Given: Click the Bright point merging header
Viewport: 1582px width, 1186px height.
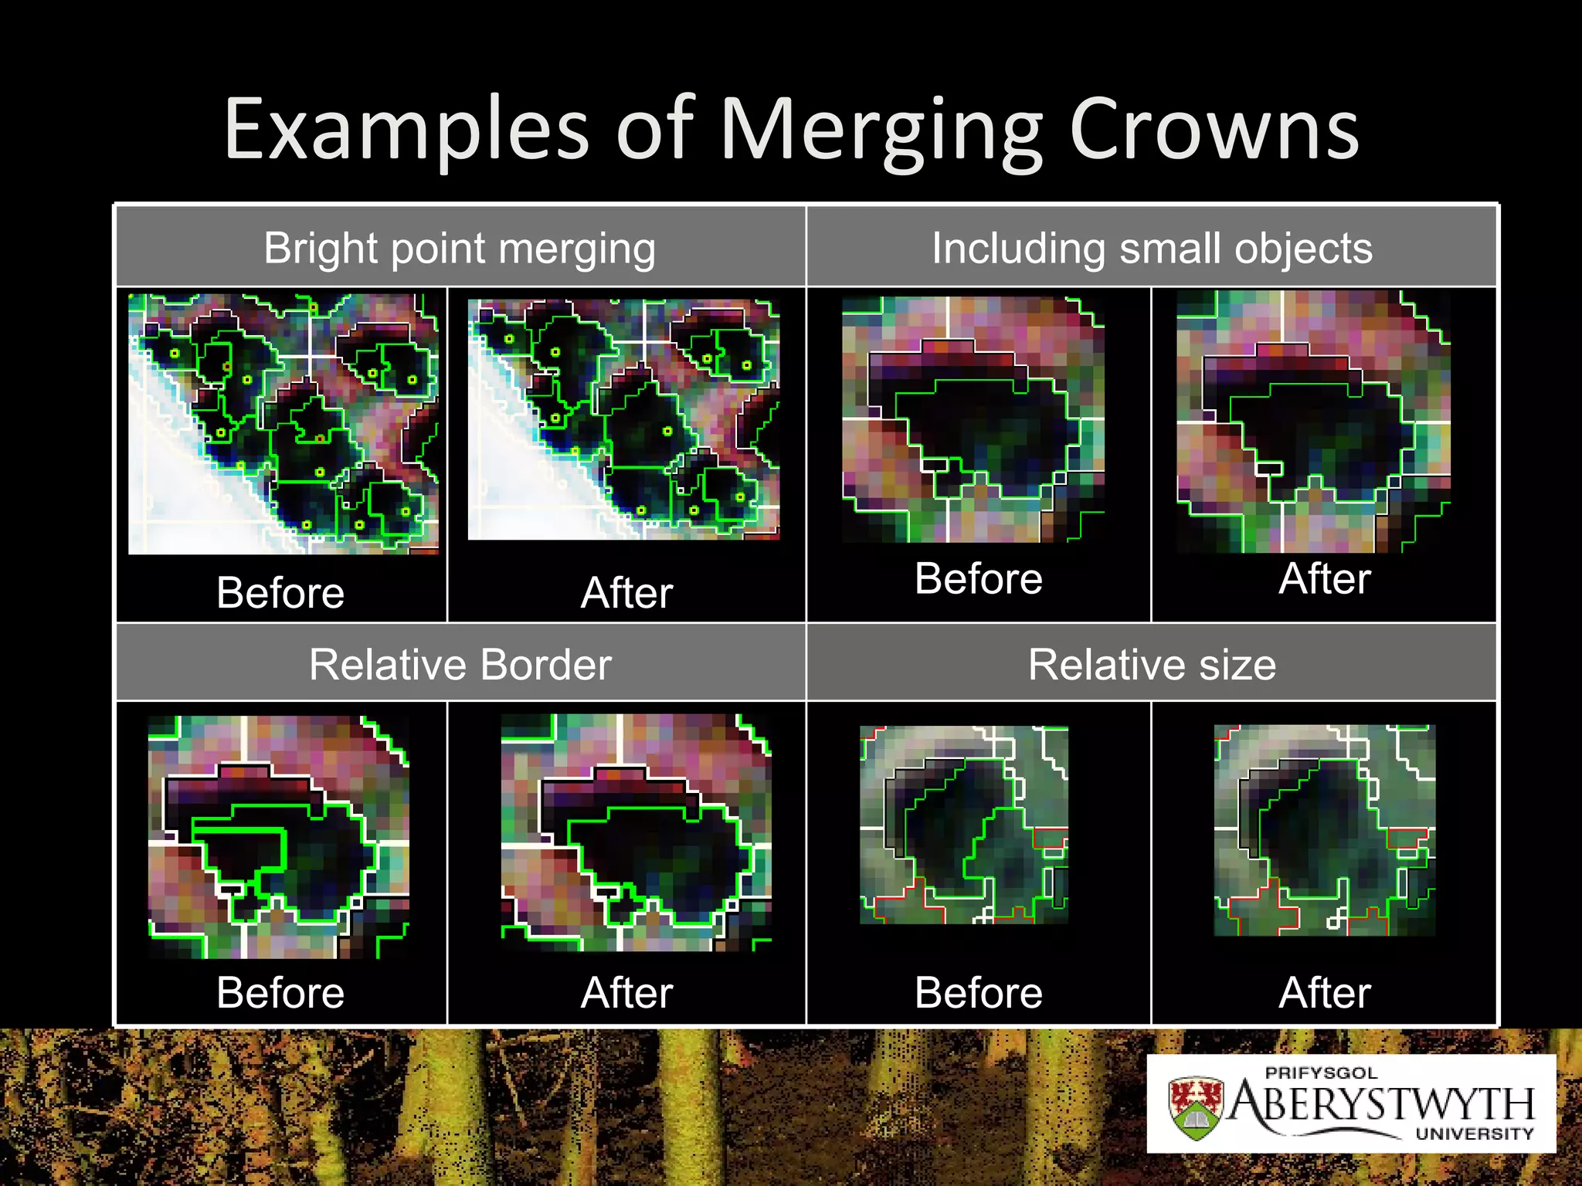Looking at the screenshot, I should (460, 249).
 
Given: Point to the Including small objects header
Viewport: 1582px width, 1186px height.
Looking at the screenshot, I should (1152, 249).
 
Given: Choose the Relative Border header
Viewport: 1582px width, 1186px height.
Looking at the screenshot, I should (460, 665).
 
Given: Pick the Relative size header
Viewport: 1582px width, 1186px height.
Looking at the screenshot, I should (1152, 665).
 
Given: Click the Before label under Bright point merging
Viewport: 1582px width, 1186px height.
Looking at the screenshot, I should (280, 593).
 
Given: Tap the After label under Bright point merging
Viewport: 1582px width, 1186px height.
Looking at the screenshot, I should (626, 593).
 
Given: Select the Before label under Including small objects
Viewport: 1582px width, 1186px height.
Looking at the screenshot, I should (978, 579).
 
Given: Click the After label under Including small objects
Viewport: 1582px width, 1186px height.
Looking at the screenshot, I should (1325, 579).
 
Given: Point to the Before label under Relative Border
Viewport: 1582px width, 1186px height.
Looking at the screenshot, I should (280, 993).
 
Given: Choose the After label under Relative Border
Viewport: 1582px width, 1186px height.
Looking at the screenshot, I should (626, 993).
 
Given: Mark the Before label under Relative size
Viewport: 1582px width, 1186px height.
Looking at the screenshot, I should (978, 993).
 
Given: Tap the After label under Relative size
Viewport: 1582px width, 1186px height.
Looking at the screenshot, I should (1325, 993).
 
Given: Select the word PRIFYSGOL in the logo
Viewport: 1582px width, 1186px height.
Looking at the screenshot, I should (1321, 1073).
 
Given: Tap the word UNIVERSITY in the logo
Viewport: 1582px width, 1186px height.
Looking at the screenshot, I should (1474, 1133).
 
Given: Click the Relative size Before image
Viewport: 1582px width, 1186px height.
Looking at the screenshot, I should (964, 825).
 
